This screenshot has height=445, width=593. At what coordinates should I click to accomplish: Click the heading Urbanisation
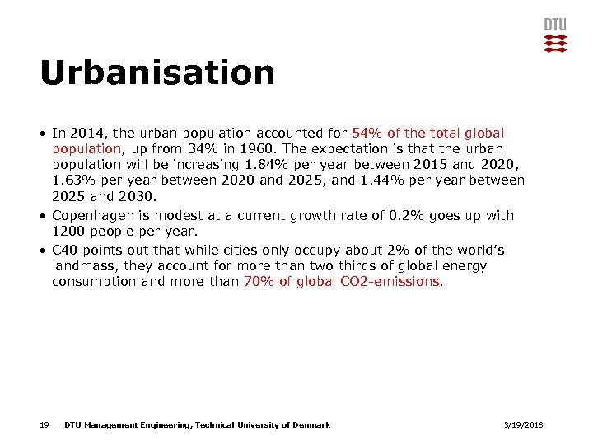(x=156, y=73)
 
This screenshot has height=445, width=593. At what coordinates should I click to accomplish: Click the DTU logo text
(x=555, y=24)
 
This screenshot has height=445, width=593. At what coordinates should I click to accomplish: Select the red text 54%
(x=367, y=133)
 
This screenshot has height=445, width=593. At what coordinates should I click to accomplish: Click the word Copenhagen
(x=92, y=215)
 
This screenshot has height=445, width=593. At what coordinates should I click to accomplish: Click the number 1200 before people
(x=68, y=231)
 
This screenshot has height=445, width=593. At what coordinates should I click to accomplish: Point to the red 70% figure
(x=259, y=281)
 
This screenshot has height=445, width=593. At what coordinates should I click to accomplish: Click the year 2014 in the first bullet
(x=87, y=133)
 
